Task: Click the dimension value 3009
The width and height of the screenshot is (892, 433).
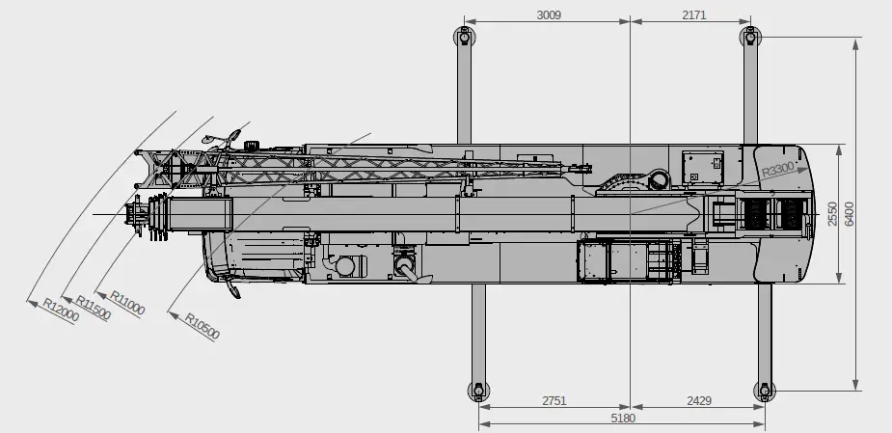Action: click(549, 14)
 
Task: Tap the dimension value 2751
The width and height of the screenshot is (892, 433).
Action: click(554, 400)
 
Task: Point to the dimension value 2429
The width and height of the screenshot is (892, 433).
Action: click(700, 400)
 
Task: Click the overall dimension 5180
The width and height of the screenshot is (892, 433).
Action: click(623, 418)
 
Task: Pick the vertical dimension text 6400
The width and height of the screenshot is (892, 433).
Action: click(849, 214)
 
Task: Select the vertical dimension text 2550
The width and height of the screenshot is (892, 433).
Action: click(833, 214)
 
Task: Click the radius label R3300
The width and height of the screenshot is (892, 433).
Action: click(777, 171)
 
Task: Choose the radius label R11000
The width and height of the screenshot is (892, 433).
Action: click(127, 303)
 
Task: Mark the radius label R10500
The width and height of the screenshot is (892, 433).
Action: click(203, 327)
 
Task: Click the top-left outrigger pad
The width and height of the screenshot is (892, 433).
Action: click(464, 38)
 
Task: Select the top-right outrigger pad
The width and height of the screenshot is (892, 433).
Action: click(750, 38)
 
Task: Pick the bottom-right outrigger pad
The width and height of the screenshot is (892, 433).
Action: click(764, 391)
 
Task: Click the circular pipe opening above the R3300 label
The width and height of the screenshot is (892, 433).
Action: click(660, 179)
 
